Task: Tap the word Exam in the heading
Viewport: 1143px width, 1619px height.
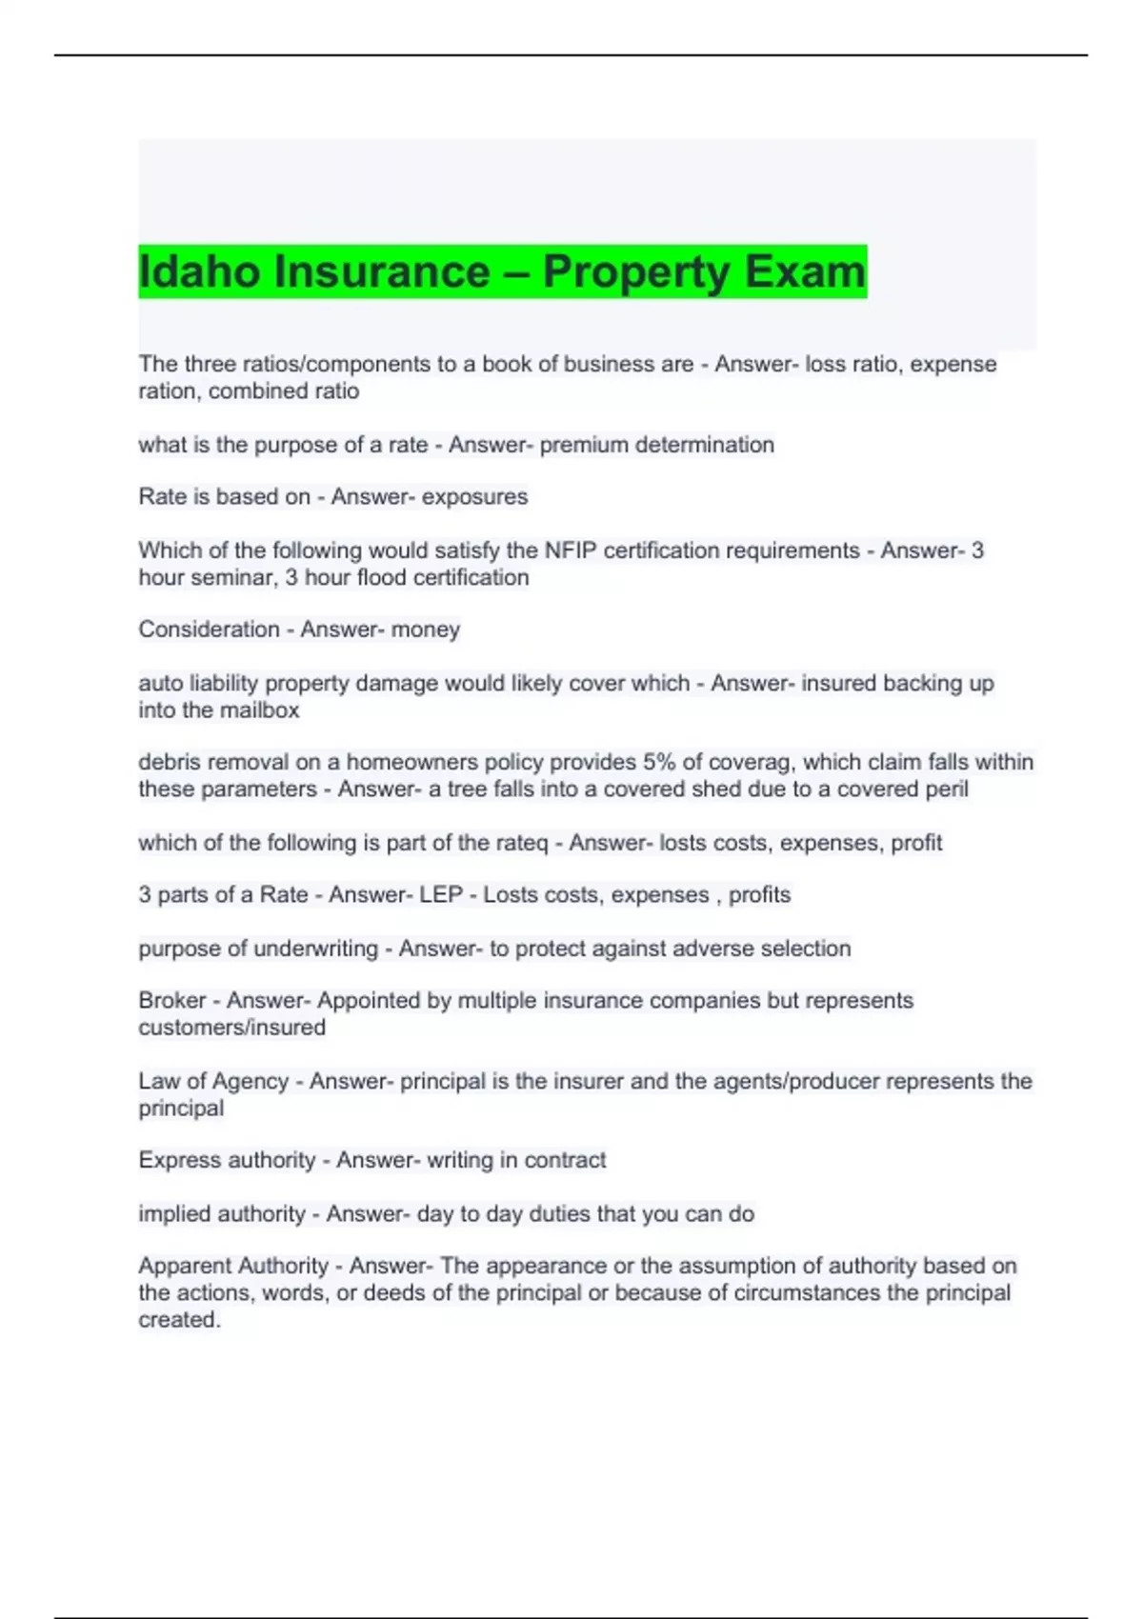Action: tap(805, 272)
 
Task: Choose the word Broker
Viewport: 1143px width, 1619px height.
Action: tap(171, 1001)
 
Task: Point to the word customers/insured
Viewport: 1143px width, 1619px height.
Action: tap(231, 1028)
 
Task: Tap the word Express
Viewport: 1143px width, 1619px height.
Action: tap(179, 1160)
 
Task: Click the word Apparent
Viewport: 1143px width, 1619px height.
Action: tap(186, 1267)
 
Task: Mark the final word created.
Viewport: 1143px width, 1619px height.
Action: tap(178, 1320)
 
